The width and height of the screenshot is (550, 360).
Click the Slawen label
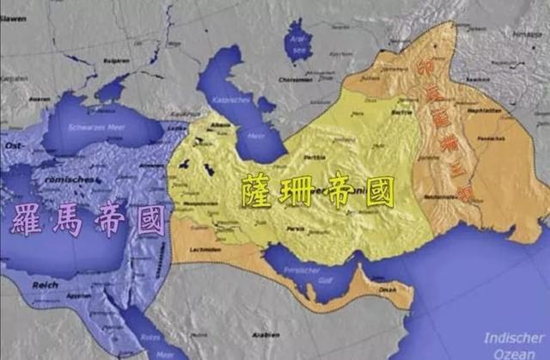click(x=15, y=7)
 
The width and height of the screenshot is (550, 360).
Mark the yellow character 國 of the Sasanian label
click(x=377, y=191)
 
